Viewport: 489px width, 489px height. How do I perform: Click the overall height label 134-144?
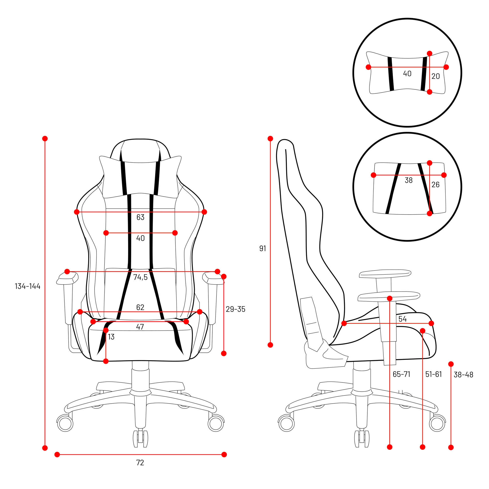pos(28,286)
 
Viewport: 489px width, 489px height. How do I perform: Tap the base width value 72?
pos(140,463)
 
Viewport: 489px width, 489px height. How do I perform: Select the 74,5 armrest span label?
pos(141,277)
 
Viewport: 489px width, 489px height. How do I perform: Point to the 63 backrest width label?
pos(141,217)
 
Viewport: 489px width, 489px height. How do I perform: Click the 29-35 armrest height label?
pos(236,309)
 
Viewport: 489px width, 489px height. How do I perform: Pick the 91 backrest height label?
pos(263,249)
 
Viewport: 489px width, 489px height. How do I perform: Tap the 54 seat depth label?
pos(403,319)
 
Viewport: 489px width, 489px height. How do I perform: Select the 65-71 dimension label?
pos(401,374)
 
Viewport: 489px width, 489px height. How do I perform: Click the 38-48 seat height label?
pos(463,375)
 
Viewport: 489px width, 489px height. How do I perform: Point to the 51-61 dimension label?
pos(433,374)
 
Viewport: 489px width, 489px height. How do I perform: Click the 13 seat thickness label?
pos(111,337)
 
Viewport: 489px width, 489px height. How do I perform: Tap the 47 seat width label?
pos(140,327)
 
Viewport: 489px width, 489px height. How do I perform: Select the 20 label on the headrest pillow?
pos(436,76)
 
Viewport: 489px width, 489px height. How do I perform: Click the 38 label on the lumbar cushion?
pos(409,180)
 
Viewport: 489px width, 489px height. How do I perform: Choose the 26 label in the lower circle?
pos(436,185)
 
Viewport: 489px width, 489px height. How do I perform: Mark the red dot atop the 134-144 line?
pos(45,138)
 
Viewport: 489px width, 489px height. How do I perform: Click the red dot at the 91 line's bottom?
pos(270,345)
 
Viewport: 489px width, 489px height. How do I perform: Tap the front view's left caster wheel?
pos(65,423)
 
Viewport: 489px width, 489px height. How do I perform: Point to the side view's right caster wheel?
pos(437,423)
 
